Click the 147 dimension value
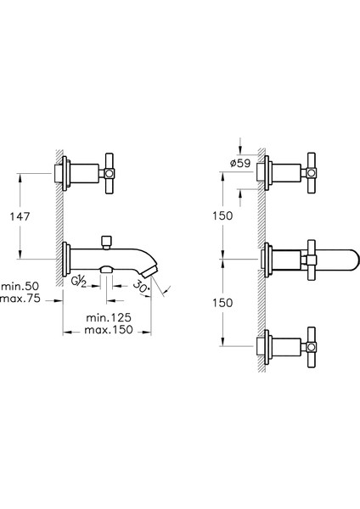[x=20, y=216]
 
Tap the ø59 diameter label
[x=240, y=163]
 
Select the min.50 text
[x=20, y=286]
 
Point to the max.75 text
[x=20, y=298]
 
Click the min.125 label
[x=109, y=317]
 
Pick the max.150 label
[x=109, y=330]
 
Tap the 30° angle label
[x=142, y=288]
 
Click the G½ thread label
[x=79, y=282]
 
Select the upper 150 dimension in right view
[x=222, y=215]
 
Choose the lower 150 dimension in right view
[x=222, y=303]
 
